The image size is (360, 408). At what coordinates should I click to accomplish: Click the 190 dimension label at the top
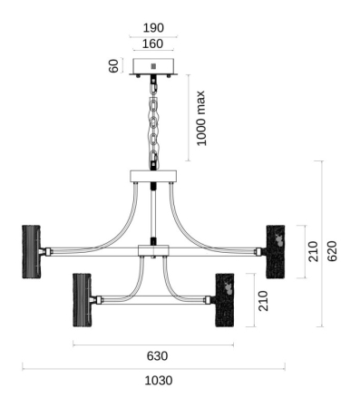click(153, 28)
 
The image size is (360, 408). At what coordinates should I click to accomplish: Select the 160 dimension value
click(152, 44)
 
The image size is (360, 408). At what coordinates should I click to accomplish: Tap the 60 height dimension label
click(113, 66)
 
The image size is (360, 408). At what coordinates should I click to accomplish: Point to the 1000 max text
click(200, 118)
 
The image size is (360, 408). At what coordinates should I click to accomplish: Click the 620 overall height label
click(332, 251)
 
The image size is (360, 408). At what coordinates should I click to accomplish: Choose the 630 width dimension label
click(157, 356)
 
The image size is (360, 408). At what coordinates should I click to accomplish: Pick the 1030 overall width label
click(159, 381)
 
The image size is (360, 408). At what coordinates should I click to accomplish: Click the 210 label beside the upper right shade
click(313, 251)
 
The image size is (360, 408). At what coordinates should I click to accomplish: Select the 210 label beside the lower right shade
click(263, 301)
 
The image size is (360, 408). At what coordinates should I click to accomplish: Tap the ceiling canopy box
click(153, 66)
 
